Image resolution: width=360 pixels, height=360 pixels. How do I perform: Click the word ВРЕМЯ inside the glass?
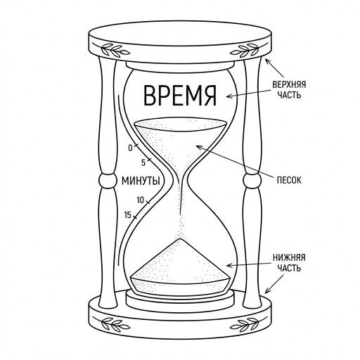pos(180,96)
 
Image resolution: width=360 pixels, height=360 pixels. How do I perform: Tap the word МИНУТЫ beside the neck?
pos(141,181)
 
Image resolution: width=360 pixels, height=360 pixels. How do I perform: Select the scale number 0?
pos(130,148)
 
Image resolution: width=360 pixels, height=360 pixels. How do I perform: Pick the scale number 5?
pos(143,162)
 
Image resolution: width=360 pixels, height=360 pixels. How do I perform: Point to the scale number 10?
pos(140,200)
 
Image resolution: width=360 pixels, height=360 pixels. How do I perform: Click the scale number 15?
pos(128,215)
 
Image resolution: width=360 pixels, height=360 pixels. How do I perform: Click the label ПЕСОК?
pos(289,180)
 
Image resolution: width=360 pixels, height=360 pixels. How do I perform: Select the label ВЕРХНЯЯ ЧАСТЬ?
pos(289,90)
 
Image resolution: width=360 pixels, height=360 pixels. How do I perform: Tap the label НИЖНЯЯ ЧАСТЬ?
pos(289,263)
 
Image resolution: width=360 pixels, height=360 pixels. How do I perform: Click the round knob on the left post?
pos(108,181)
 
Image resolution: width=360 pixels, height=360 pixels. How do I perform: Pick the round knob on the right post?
pos(252,181)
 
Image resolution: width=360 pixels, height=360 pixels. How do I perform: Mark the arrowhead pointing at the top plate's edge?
pos(268,62)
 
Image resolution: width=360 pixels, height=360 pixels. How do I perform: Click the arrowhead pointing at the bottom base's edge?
pos(268,290)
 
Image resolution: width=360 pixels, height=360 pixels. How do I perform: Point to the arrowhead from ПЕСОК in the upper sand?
pos(200,148)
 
